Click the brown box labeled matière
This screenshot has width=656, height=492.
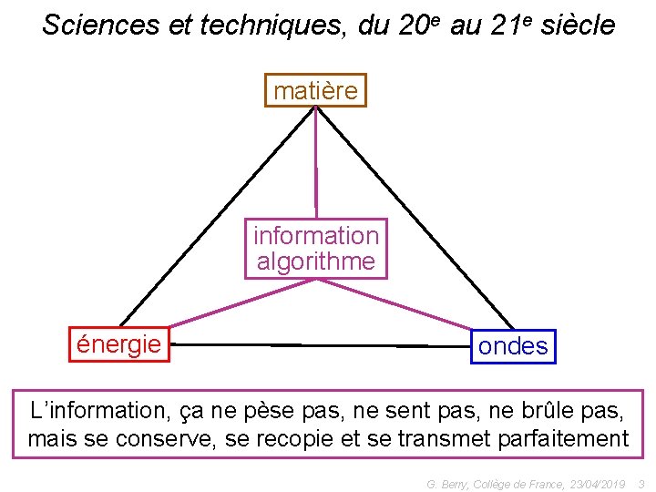coord(315,90)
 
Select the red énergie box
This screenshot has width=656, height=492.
coord(119,343)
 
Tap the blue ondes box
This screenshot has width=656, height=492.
coord(513,346)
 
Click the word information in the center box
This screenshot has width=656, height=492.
coord(316,235)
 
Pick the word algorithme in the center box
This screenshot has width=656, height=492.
coord(316,261)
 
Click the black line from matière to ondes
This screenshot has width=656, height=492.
coord(415,216)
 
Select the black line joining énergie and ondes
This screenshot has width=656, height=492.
coord(319,344)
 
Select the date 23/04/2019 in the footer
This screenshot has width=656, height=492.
coord(596,483)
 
